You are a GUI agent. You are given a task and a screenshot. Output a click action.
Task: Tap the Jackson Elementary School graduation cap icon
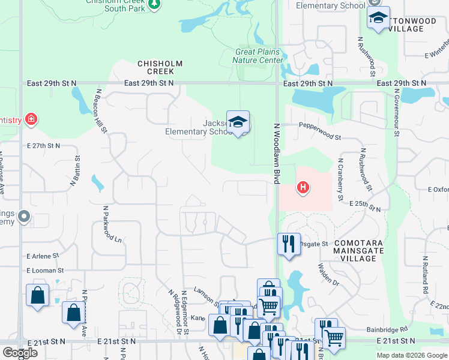point(238,122)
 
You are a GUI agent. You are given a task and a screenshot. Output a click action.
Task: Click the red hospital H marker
point(304,188)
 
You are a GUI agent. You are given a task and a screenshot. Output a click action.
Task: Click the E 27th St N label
point(44,146)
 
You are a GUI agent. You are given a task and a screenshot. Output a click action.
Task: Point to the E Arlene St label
point(43,256)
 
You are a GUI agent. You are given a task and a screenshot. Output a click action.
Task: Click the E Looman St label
point(45,271)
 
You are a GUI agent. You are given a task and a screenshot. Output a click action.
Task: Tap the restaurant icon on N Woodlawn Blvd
point(289,244)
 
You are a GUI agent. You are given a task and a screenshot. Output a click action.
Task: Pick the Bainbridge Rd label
point(387,329)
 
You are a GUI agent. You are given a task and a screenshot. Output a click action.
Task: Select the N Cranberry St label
point(340,179)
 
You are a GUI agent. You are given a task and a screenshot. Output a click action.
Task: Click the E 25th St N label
point(365,206)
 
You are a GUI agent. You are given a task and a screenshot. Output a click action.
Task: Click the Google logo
point(19,352)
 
